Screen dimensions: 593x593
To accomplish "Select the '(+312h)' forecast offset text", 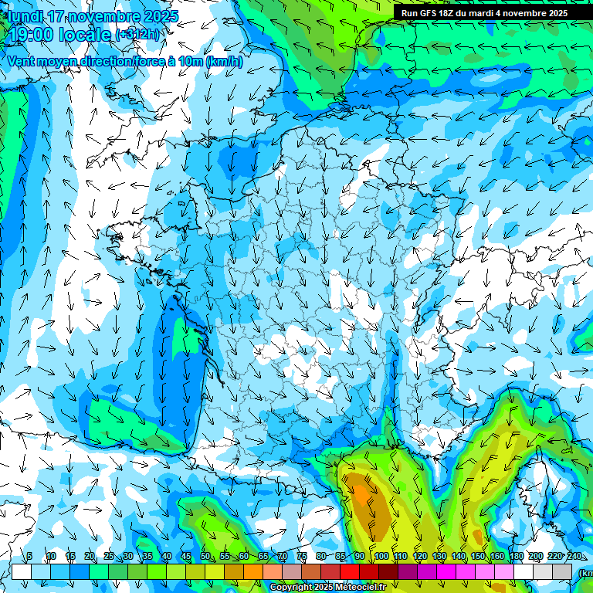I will point(138,34).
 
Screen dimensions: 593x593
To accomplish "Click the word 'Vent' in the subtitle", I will point(22,62).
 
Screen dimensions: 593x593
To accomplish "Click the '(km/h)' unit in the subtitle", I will point(225,62).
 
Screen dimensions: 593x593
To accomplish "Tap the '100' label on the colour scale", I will point(381,557).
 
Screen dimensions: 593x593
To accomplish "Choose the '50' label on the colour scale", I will point(205,557).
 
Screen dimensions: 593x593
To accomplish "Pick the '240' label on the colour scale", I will point(574,557).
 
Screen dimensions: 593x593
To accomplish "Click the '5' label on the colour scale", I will point(29,557).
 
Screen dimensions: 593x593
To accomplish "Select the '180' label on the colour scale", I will point(516,557).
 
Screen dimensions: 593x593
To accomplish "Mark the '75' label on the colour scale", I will point(302,557).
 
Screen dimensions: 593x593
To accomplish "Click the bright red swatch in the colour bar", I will point(350,571).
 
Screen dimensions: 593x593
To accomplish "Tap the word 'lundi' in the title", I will point(25,16).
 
